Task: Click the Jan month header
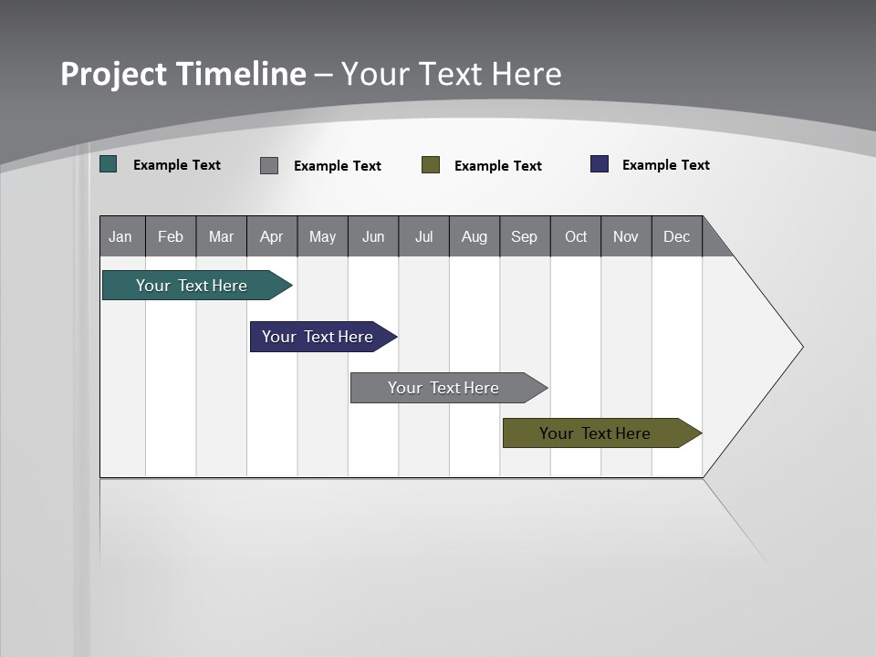[x=121, y=236]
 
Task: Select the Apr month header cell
[x=272, y=236]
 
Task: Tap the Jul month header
[x=423, y=236]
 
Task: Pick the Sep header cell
[x=525, y=236]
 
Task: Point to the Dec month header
[x=676, y=236]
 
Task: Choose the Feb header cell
[x=171, y=236]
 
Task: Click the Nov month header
[x=626, y=236]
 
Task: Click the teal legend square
[x=109, y=164]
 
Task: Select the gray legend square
[x=269, y=165]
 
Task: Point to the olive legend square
[x=431, y=165]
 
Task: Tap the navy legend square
[x=600, y=164]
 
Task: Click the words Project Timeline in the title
[x=183, y=74]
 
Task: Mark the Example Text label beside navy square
[x=665, y=165]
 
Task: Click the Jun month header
[x=373, y=236]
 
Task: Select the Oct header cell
[x=576, y=236]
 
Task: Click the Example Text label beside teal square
[x=177, y=165]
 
